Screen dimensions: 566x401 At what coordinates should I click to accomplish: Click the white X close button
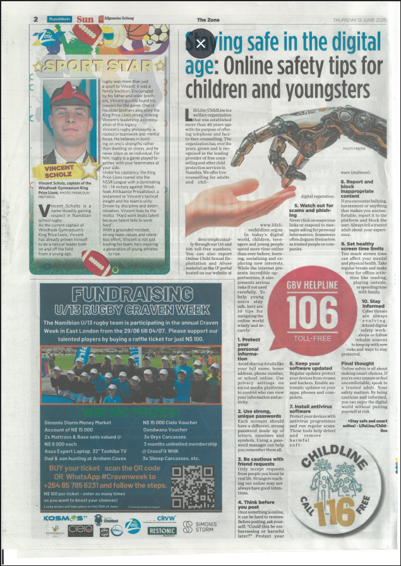(200, 44)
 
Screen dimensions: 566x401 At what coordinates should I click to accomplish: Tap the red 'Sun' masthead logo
(85, 19)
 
